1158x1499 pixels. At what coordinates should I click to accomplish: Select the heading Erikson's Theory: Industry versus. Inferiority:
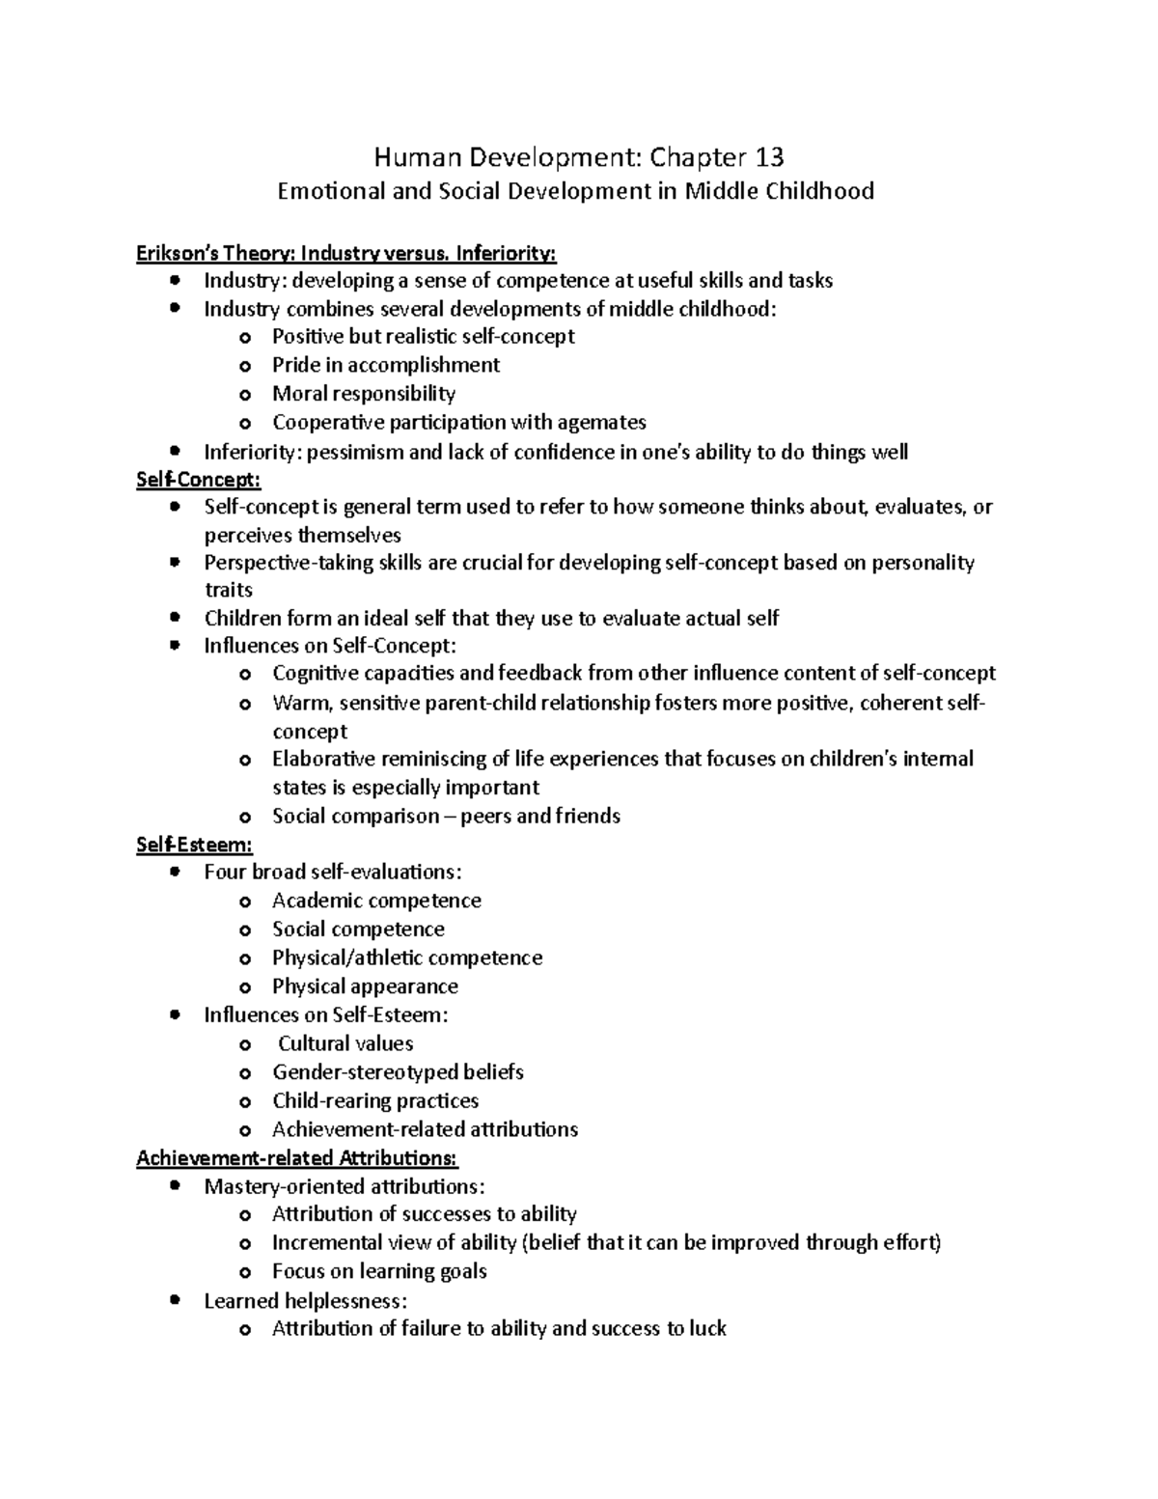[346, 253]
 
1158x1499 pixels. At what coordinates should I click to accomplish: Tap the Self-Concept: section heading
[199, 479]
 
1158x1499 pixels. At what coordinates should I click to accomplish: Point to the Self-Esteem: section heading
[194, 845]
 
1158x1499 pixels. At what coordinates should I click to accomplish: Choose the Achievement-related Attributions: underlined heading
[296, 1157]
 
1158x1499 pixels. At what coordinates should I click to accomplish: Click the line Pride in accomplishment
[385, 365]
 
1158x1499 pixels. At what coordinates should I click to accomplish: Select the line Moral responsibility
[363, 393]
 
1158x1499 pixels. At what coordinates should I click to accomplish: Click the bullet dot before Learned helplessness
[175, 1300]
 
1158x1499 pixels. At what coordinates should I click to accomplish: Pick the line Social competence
[358, 929]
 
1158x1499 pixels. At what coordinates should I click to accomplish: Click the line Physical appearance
[365, 986]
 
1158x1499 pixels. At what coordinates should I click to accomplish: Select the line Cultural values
[345, 1043]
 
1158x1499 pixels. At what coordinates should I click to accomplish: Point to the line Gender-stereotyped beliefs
[398, 1071]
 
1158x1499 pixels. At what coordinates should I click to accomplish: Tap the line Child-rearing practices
[374, 1100]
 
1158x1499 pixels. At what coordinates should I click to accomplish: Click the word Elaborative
[323, 759]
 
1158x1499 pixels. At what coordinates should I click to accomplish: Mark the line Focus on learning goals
[379, 1271]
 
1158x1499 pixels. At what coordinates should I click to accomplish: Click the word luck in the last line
[707, 1328]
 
